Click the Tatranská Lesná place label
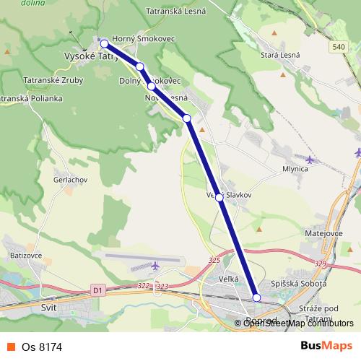pyautogui.click(x=177, y=11)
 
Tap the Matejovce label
pyautogui.click(x=321, y=233)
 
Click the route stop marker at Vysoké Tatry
pyautogui.click(x=104, y=43)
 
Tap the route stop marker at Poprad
pyautogui.click(x=257, y=297)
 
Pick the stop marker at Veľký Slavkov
pyautogui.click(x=219, y=196)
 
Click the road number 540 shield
pyautogui.click(x=339, y=47)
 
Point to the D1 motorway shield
pyautogui.click(x=98, y=290)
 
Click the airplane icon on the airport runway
pyautogui.click(x=155, y=266)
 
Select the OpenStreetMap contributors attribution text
pyautogui.click(x=298, y=323)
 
